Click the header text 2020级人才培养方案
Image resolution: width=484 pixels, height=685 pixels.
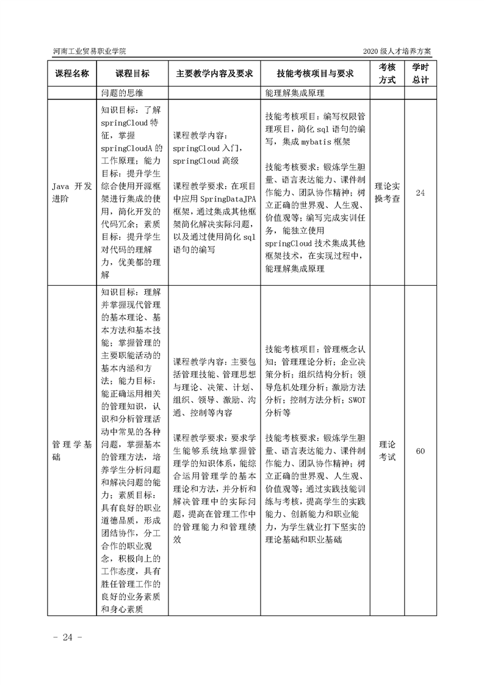coord(400,52)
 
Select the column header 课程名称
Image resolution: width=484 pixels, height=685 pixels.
coord(72,73)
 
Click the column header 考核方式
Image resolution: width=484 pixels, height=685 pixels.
coord(388,73)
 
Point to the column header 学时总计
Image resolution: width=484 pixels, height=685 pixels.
coord(420,73)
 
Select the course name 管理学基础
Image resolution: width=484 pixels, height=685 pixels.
coord(71,451)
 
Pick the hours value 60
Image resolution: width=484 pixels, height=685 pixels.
coord(420,451)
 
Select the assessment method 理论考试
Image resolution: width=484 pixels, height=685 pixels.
coord(388,451)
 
